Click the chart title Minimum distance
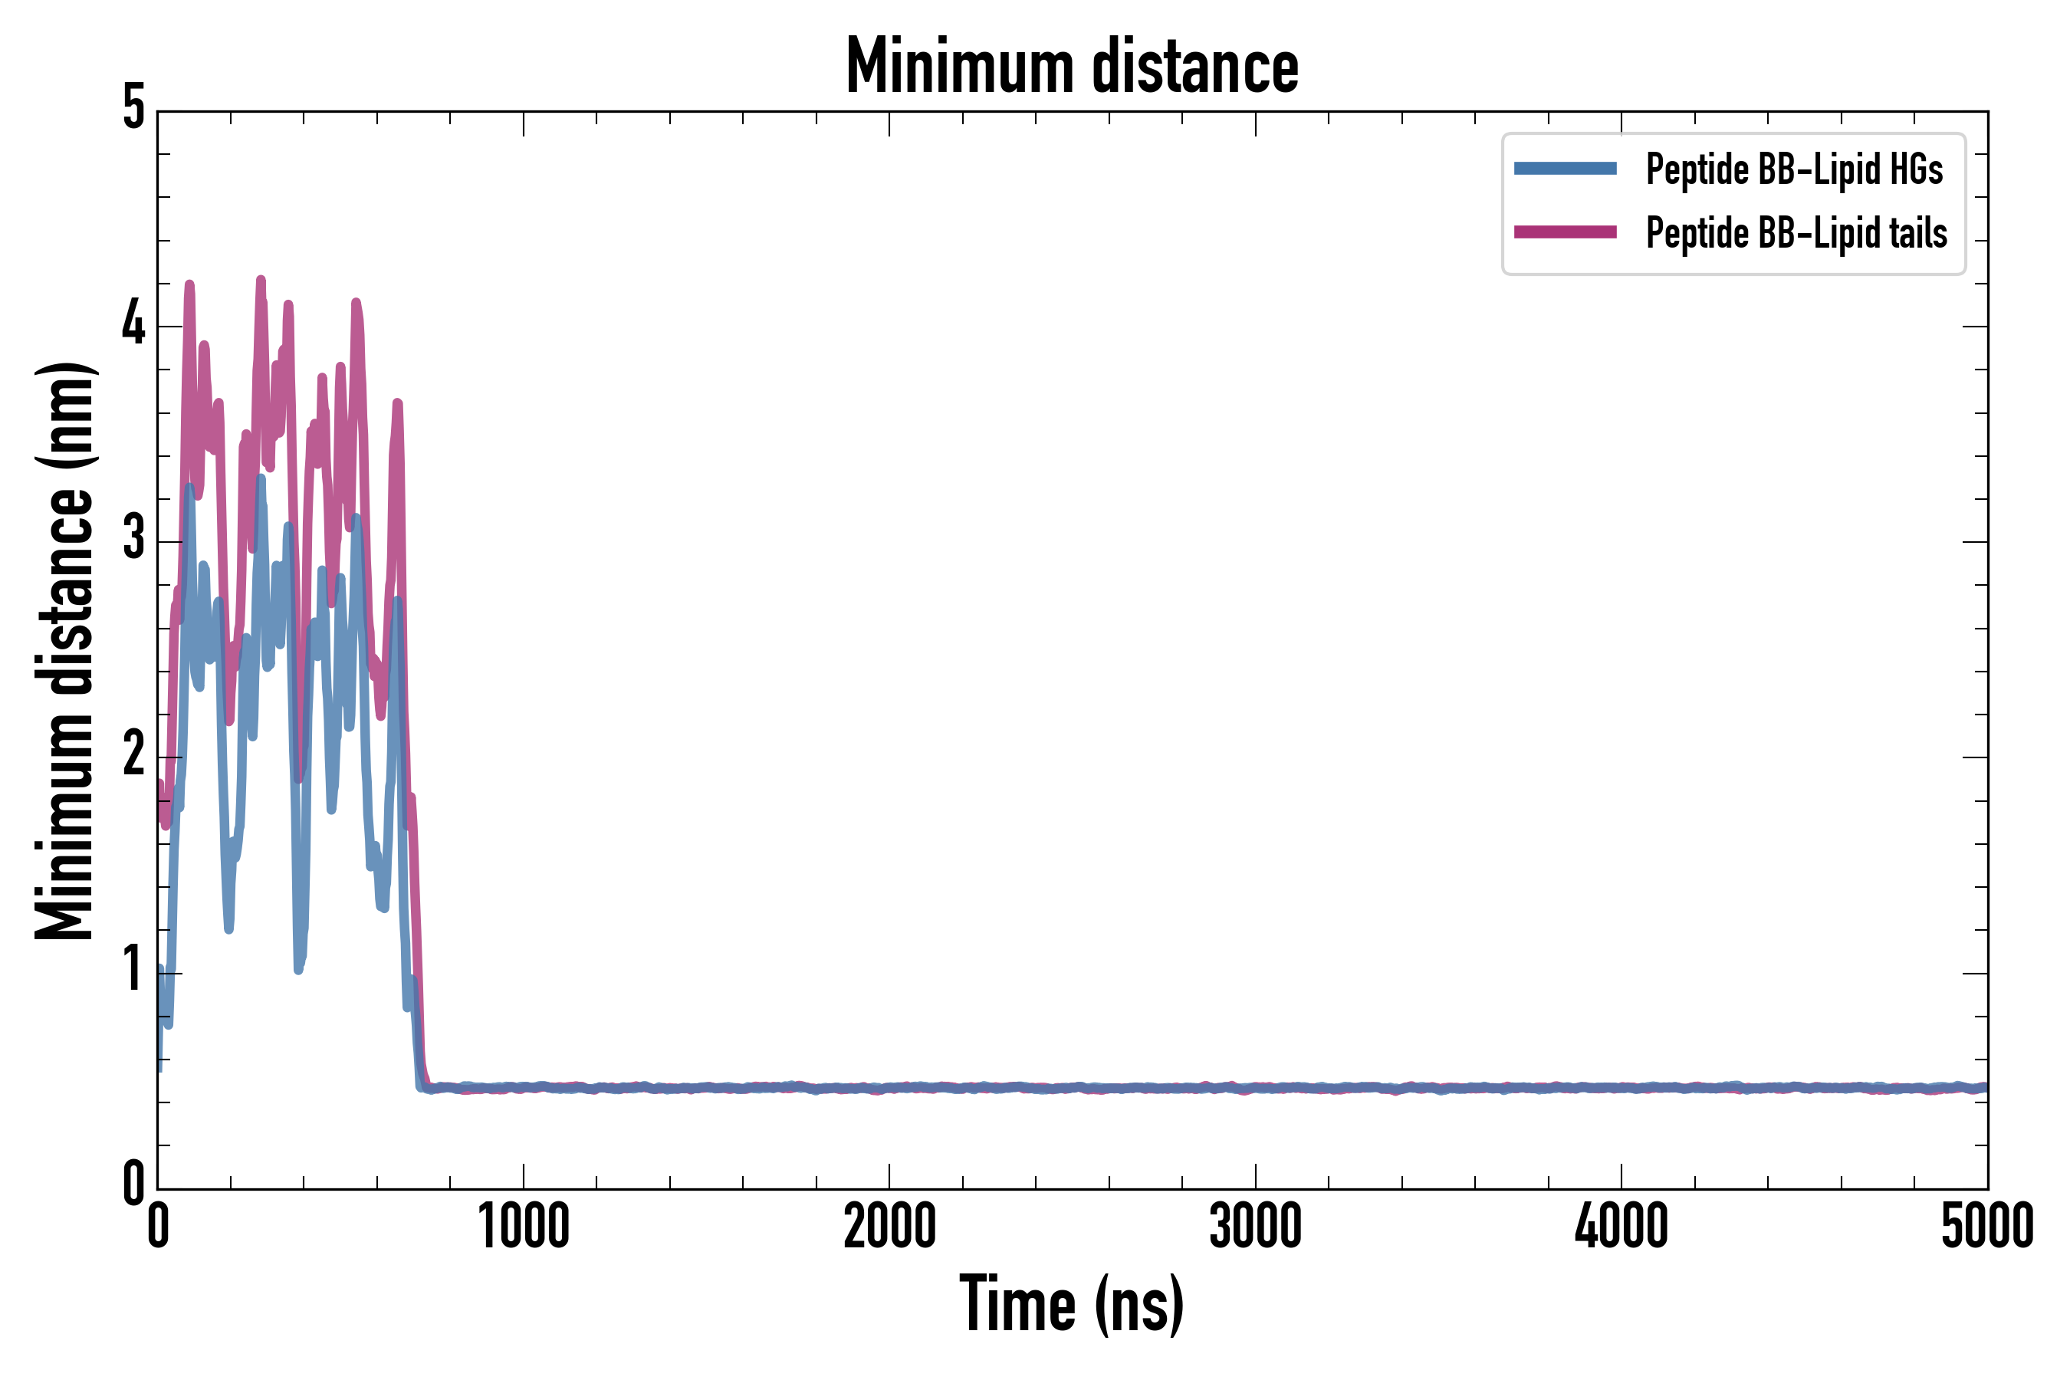1072,66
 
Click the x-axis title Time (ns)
1072,1304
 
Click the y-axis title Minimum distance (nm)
64,651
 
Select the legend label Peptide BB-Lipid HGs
1794,169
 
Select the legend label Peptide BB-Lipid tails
1796,233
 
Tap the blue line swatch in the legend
1565,169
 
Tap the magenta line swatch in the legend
1565,232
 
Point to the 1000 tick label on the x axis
524,1227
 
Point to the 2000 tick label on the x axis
889,1227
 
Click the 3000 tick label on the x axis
1255,1227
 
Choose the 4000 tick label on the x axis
1621,1227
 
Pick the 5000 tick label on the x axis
1986,1227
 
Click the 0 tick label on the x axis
159,1227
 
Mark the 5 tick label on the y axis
133,109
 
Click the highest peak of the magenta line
261,281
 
